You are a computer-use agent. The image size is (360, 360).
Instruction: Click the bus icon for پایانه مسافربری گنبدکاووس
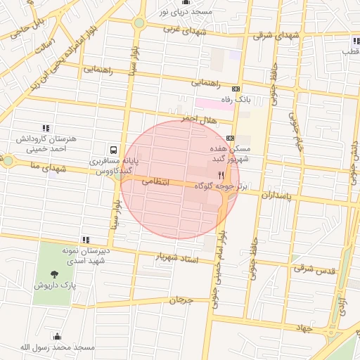113,149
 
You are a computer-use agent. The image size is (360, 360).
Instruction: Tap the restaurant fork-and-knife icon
221,175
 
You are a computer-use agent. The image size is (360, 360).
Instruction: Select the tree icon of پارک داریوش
55,274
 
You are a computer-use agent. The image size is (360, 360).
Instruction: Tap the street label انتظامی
156,181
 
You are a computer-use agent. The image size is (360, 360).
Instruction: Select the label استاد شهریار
178,259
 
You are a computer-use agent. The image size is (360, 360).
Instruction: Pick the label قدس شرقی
314,269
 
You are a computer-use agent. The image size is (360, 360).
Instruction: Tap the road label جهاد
303,328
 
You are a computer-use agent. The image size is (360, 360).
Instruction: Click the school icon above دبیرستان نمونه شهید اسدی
85,240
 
